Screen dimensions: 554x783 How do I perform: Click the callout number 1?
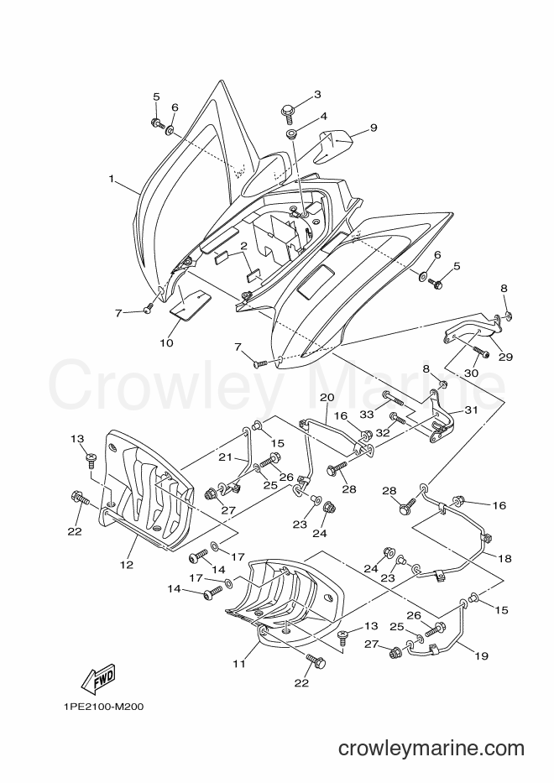point(112,178)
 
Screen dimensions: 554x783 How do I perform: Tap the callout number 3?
point(318,94)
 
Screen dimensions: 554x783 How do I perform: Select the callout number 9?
point(374,128)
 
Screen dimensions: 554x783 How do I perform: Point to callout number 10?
point(166,343)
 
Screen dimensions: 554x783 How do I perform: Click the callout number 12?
point(127,565)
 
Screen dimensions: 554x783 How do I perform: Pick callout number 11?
point(240,664)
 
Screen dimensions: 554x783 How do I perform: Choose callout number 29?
point(506,357)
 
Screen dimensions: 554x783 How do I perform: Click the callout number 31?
point(471,410)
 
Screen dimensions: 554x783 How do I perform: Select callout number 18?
point(505,558)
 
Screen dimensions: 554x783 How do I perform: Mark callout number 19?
point(482,655)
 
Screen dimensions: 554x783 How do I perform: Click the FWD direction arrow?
point(98,680)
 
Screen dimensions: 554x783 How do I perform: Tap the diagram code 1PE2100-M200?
point(103,707)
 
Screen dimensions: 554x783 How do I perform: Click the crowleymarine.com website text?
point(431,749)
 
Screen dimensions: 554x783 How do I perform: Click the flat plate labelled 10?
point(190,304)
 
